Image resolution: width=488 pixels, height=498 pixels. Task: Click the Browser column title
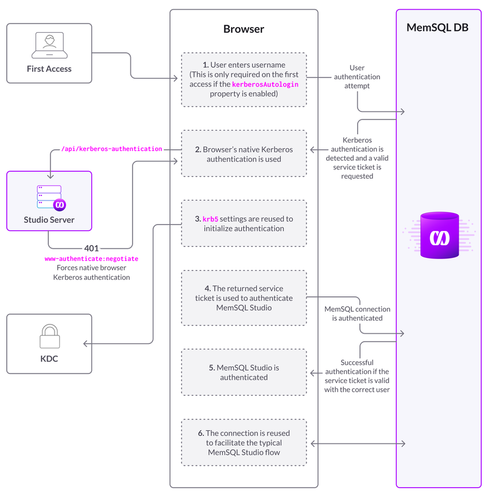243,29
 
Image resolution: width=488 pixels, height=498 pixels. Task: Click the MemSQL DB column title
437,27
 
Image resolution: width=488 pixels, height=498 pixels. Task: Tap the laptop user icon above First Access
49,45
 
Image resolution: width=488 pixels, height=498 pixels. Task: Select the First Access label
49,69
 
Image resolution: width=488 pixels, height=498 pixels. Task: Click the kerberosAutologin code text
265,84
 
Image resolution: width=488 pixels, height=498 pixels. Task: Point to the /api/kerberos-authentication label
111,149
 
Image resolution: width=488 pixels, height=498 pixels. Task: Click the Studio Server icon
49,196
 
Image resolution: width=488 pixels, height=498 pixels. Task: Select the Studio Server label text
49,219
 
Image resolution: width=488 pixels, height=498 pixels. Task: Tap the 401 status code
92,248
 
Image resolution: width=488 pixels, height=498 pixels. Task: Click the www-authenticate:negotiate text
92,259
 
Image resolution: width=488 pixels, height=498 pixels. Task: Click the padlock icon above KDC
49,336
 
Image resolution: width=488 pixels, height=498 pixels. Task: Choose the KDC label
49,359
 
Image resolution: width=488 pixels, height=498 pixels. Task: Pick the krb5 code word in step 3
210,219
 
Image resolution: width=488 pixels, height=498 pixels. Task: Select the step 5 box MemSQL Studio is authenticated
243,372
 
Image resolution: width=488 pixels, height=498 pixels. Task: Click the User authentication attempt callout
357,76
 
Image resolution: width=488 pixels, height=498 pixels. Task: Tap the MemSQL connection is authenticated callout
357,313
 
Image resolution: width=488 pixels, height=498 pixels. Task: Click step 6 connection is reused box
243,443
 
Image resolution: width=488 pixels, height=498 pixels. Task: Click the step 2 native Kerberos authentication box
243,154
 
